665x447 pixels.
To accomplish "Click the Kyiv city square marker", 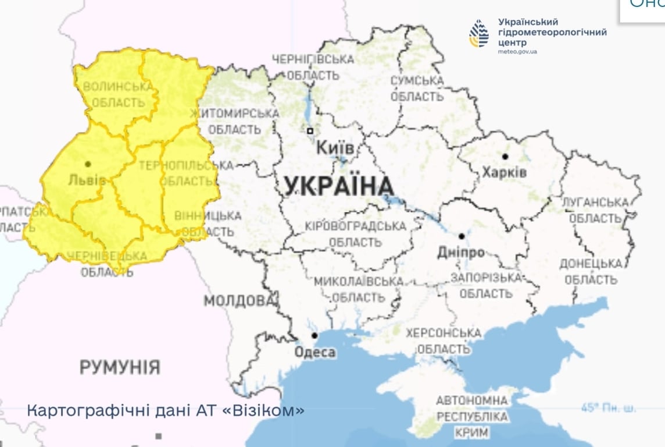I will tap(310, 131).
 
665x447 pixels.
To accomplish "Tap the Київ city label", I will tap(335, 148).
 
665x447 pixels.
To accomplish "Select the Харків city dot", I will tap(505, 157).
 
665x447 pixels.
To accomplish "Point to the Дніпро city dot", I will tap(461, 236).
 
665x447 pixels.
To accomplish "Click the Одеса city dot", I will tap(314, 336).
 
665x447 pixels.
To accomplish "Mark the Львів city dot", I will tap(88, 165).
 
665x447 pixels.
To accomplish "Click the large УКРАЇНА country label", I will tap(339, 186).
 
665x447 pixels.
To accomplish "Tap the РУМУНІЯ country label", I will tap(120, 367).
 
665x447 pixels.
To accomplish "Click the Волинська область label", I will tap(115, 95).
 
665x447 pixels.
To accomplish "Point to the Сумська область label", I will tap(417, 88).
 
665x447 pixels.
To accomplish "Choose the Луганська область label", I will tap(595, 210).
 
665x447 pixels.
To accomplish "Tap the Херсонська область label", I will tap(444, 341).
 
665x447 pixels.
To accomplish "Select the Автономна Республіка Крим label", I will tap(471, 417).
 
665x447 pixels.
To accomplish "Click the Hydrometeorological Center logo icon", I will tap(479, 34).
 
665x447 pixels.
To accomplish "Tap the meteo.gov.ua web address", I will tap(517, 52).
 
